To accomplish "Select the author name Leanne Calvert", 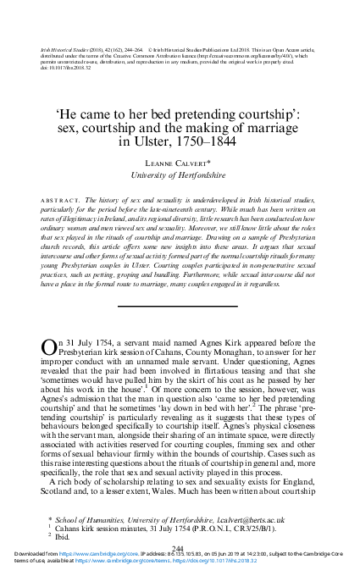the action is click(x=180, y=163).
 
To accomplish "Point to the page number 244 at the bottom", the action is click(x=179, y=548).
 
